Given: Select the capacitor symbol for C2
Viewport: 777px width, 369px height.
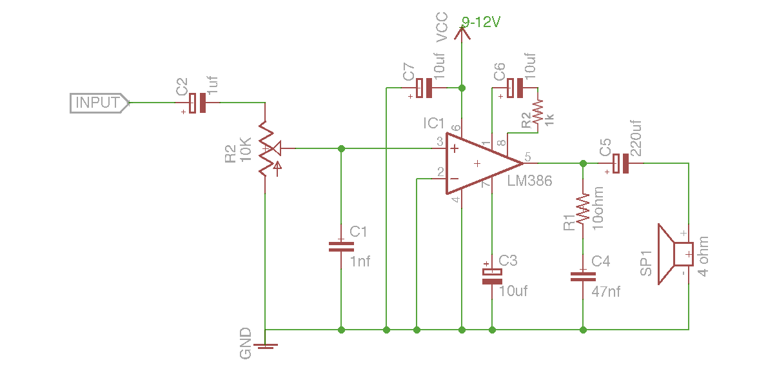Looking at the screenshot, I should click(x=198, y=103).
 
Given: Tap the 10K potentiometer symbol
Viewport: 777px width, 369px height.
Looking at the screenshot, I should click(x=266, y=149).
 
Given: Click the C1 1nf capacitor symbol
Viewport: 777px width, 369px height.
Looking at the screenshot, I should click(x=341, y=246).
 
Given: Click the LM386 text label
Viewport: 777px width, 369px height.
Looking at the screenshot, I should click(x=529, y=181).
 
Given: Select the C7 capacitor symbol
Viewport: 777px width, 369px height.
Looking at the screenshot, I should click(x=424, y=88).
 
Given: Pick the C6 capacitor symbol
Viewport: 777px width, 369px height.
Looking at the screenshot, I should click(x=515, y=88).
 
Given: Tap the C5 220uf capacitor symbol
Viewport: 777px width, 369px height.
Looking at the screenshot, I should click(x=620, y=163).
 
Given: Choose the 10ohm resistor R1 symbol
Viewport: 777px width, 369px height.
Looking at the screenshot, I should click(x=583, y=208).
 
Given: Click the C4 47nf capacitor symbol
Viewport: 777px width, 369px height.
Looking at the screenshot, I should click(x=583, y=276).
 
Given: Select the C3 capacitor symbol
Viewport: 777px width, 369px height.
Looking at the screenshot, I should click(x=492, y=275).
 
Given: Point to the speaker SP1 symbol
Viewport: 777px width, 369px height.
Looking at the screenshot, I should click(x=674, y=254).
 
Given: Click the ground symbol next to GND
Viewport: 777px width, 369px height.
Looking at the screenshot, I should click(x=266, y=346).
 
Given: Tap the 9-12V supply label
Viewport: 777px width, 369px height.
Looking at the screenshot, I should click(x=481, y=23).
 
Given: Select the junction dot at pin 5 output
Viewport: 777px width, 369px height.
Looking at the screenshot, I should click(x=583, y=163).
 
